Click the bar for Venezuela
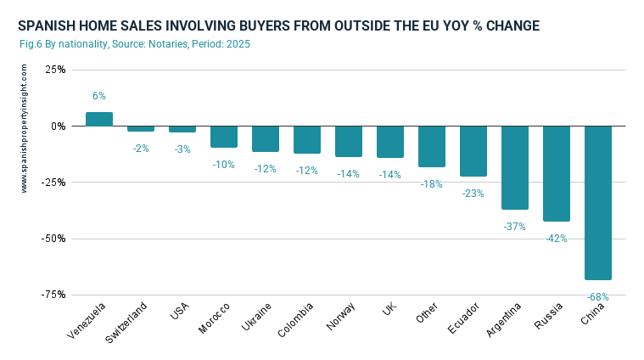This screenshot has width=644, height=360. tap(99, 119)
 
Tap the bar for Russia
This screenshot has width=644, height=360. tap(557, 173)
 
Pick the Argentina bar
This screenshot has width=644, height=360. tap(515, 167)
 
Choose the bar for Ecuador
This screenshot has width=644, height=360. tap(473, 151)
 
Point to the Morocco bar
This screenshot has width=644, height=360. tap(224, 137)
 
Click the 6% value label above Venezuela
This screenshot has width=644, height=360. tap(99, 97)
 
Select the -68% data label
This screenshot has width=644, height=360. tap(598, 297)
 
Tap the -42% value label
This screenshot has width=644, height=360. tap(557, 239)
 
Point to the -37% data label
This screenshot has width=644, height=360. tap(515, 227)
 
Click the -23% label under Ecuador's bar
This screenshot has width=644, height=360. tap(473, 194)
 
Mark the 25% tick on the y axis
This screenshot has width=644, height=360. tap(55, 70)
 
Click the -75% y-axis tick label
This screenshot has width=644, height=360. tap(53, 294)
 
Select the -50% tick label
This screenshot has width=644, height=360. tap(53, 238)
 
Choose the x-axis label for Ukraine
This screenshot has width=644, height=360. tap(258, 318)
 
